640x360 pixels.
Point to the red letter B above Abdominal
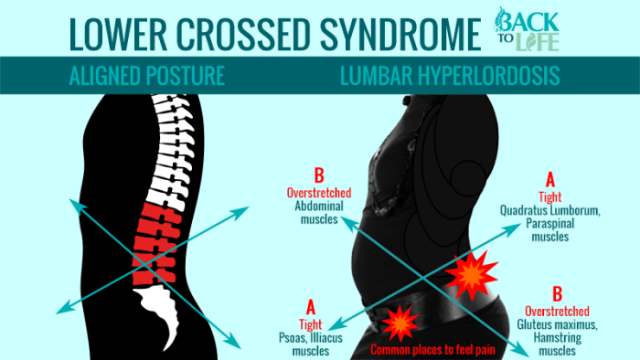[318, 176]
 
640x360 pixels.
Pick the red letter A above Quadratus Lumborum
[549, 178]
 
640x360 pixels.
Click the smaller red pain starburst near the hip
[400, 322]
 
